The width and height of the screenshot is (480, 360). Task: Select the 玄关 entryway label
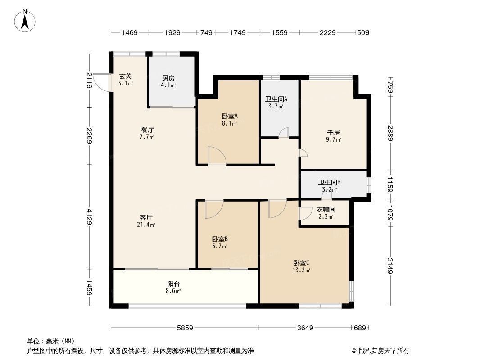click(x=125, y=76)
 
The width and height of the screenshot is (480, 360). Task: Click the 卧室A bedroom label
click(x=230, y=116)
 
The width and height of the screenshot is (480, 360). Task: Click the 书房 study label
click(x=333, y=132)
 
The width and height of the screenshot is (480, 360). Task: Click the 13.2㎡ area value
click(x=302, y=270)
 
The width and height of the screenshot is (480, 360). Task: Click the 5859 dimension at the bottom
click(x=185, y=328)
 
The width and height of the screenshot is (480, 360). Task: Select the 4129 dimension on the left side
click(x=90, y=217)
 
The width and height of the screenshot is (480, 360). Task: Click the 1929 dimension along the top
click(x=172, y=32)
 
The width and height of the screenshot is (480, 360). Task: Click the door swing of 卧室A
click(x=217, y=156)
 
